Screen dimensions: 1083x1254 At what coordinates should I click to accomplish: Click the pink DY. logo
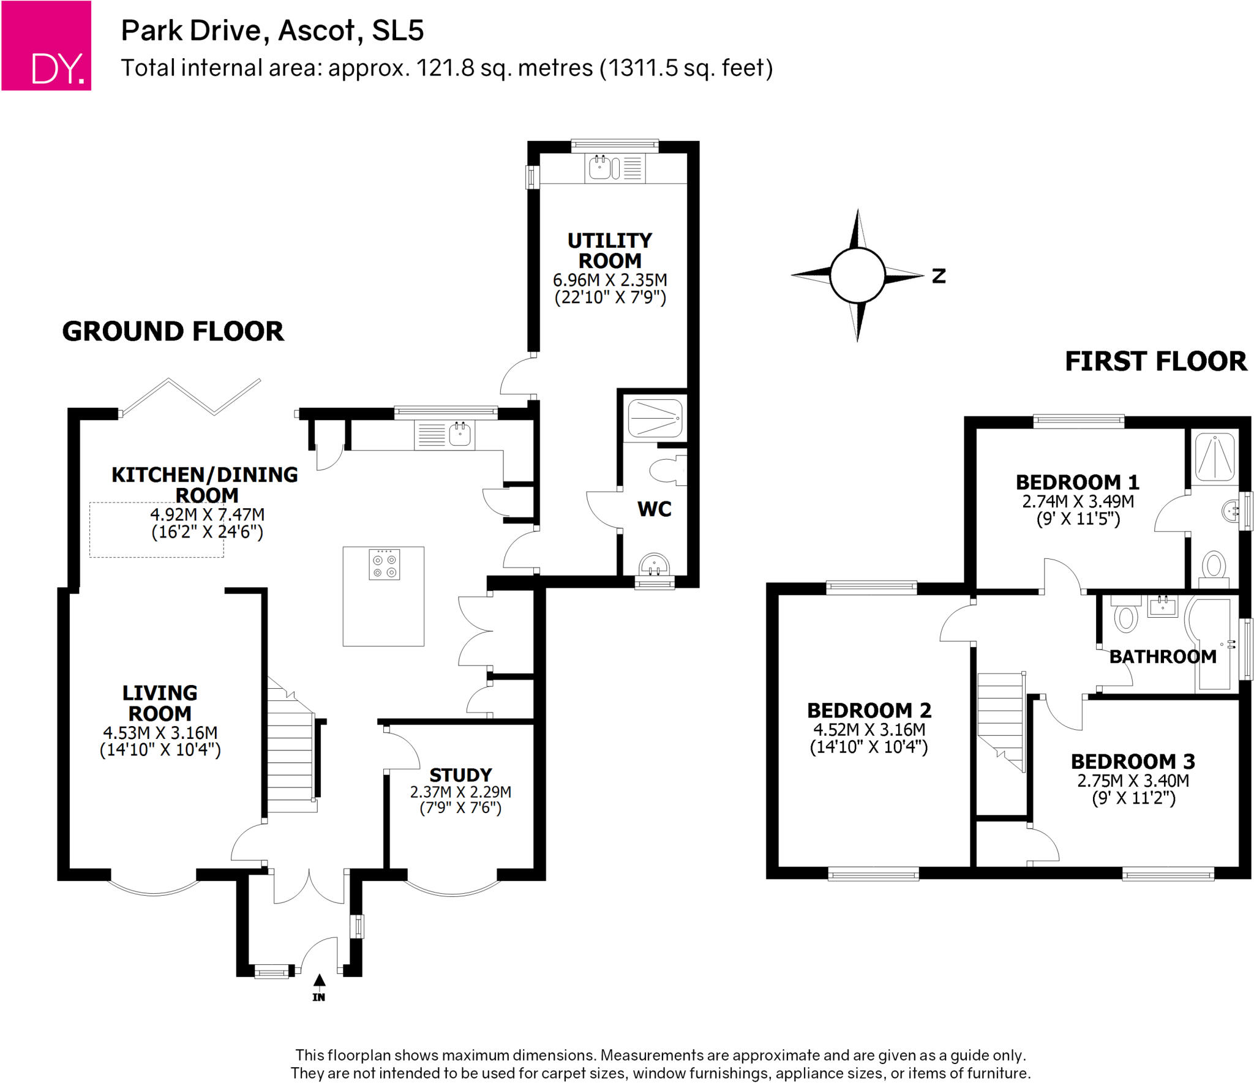[x=46, y=46]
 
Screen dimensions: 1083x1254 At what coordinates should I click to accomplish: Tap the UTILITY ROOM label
[x=609, y=250]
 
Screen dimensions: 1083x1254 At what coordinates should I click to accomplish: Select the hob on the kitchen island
[x=384, y=564]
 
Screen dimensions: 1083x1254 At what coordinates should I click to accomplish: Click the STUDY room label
[x=460, y=774]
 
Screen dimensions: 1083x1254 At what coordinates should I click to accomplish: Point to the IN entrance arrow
[x=319, y=981]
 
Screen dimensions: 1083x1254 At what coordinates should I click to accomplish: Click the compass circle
[x=857, y=275]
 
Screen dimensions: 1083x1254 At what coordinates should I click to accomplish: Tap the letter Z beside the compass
[x=939, y=276]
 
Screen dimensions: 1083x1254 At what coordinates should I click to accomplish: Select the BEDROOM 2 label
[x=869, y=710]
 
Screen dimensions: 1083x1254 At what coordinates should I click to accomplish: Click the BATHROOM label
[x=1162, y=657]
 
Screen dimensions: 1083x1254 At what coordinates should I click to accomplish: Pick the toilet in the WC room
[x=666, y=470]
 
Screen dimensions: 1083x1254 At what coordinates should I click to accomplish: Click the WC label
[x=654, y=509]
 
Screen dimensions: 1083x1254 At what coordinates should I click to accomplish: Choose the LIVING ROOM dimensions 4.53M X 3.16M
[x=160, y=733]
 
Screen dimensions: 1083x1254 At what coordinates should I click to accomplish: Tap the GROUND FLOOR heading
[x=173, y=331]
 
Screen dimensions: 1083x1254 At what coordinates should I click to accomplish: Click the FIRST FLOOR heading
[x=1155, y=361]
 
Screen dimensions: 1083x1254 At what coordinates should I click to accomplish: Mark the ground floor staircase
[x=291, y=753]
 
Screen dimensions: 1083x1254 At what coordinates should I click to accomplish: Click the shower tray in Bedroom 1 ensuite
[x=1215, y=456]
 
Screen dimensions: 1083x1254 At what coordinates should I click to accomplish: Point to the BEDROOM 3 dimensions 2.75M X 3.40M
[x=1133, y=781]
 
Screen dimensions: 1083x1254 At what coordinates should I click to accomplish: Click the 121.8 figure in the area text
[x=445, y=68]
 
